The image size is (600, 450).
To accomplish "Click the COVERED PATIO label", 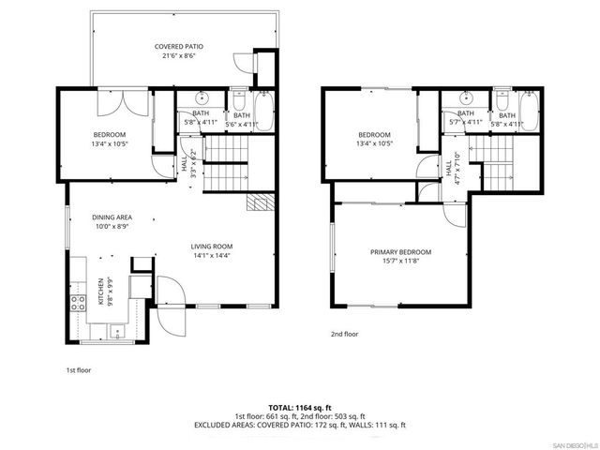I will pos(178,46).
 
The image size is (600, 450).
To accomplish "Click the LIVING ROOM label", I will pos(212,247).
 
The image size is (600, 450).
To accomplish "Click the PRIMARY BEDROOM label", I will pos(400,252).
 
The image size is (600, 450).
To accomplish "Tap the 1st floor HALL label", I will pos(184,163).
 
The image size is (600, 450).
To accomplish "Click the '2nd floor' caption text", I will pos(344,334).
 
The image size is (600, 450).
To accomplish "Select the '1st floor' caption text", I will pos(79,370).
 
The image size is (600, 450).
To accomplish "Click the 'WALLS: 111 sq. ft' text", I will pos(369,425).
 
